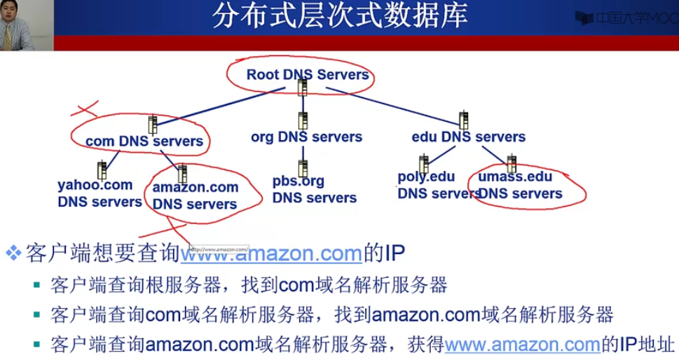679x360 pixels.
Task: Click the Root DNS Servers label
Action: (307, 74)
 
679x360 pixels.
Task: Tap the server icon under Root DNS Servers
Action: (302, 88)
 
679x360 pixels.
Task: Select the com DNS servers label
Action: (144, 141)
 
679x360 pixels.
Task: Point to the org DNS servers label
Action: (306, 137)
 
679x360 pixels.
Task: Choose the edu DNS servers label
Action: (468, 137)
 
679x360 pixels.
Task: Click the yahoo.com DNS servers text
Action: (99, 193)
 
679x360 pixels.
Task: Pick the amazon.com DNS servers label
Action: (195, 196)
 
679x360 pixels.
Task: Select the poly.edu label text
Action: (425, 176)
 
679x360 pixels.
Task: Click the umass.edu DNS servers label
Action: (519, 185)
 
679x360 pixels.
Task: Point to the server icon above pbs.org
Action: (303, 168)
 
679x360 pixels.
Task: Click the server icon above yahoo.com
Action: (102, 169)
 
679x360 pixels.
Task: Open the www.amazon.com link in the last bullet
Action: (523, 344)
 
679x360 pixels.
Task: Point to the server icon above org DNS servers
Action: (303, 120)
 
